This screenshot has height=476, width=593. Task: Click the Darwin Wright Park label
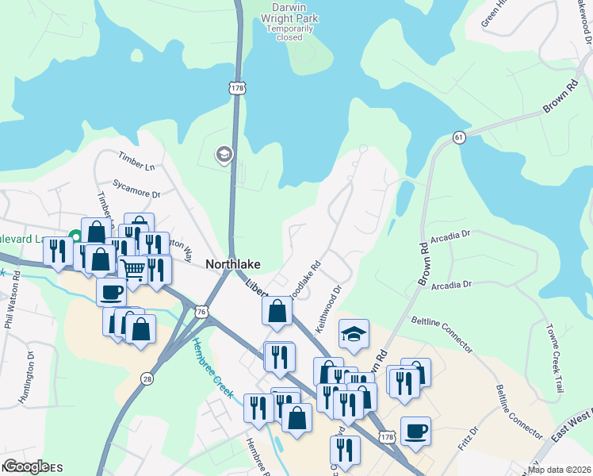[289, 19]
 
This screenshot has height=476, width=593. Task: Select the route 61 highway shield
[459, 138]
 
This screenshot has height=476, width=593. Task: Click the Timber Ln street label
[136, 163]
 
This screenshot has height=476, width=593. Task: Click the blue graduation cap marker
[354, 334]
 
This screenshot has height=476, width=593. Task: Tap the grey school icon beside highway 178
[224, 155]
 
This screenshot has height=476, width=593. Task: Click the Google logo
[26, 466]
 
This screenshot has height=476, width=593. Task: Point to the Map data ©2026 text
[559, 470]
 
